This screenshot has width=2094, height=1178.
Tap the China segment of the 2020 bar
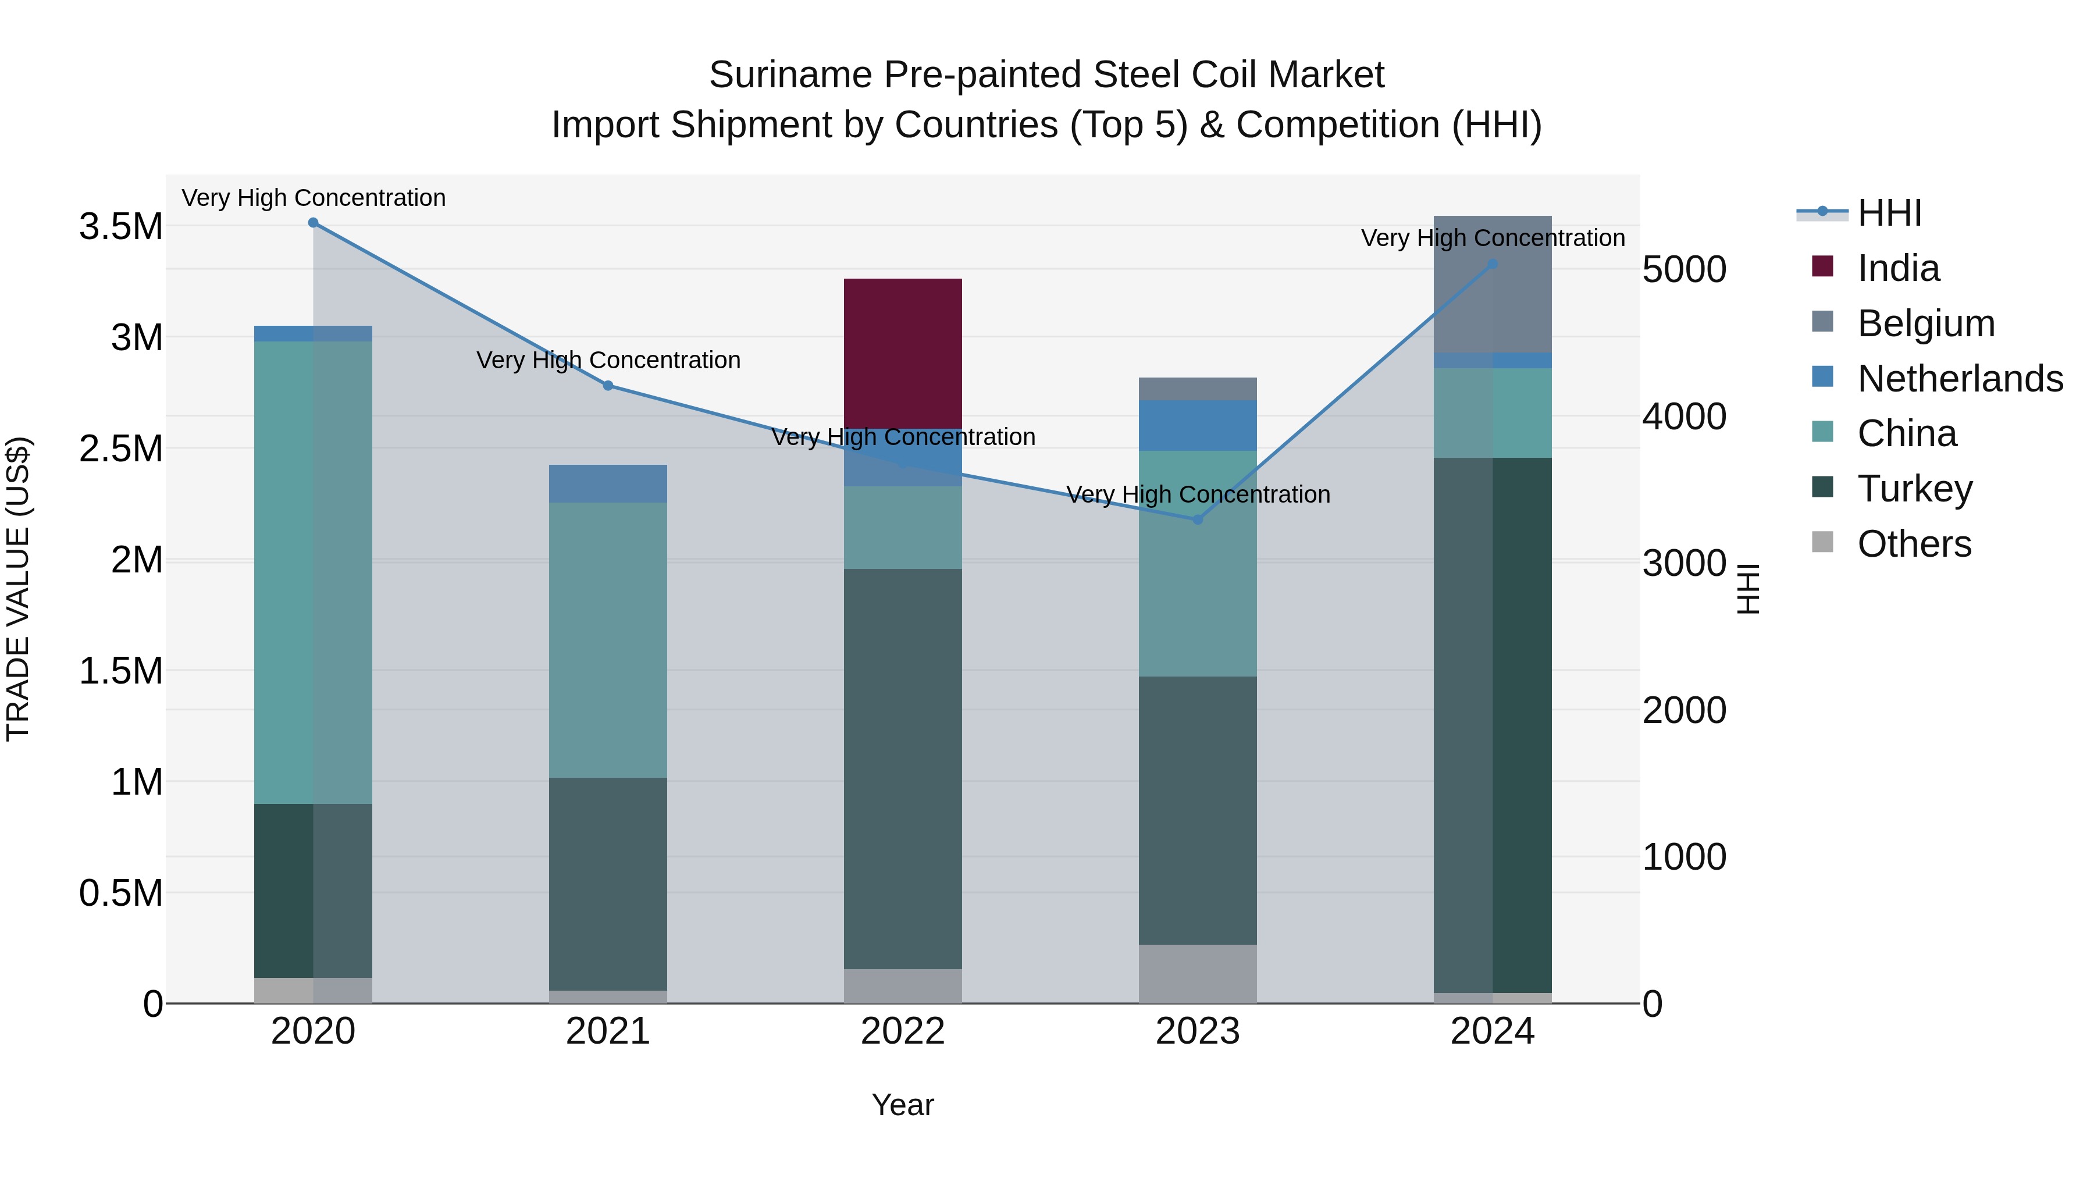tap(313, 572)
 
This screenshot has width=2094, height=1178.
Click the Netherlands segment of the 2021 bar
tap(607, 484)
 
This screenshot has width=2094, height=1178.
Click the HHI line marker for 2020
tap(313, 223)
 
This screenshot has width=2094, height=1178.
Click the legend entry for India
tap(1898, 268)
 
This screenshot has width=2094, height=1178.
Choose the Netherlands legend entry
tap(1960, 379)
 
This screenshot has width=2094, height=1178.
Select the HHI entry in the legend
tap(1889, 213)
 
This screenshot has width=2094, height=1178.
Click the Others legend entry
tap(1914, 544)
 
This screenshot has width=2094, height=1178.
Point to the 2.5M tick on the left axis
tap(120, 449)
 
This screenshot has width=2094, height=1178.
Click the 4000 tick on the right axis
tap(1683, 417)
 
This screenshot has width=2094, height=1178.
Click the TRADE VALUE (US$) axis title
tap(18, 589)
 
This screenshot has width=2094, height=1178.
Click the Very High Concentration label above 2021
tap(607, 360)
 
